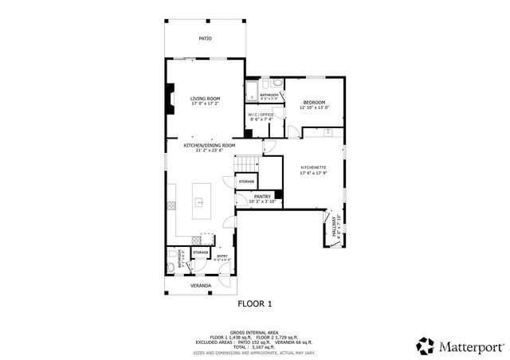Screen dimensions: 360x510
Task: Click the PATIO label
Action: [205, 37]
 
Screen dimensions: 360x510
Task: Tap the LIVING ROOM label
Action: [205, 98]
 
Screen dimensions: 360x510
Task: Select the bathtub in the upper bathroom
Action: [252, 91]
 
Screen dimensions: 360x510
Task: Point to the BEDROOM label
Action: [314, 102]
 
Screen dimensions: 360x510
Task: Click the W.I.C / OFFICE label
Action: [261, 115]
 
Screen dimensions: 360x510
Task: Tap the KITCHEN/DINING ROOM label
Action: [210, 146]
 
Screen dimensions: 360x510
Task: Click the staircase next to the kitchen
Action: [247, 164]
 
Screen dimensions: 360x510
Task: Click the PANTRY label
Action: [262, 196]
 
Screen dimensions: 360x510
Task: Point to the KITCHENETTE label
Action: [313, 167]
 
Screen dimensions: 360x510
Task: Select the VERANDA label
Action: [201, 284]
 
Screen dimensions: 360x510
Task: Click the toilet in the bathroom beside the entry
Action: [171, 266]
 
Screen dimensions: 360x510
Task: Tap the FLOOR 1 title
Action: [255, 303]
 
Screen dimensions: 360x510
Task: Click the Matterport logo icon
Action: [426, 345]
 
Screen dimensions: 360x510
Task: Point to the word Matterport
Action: [470, 346]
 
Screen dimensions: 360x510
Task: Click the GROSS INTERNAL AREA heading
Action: [255, 332]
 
